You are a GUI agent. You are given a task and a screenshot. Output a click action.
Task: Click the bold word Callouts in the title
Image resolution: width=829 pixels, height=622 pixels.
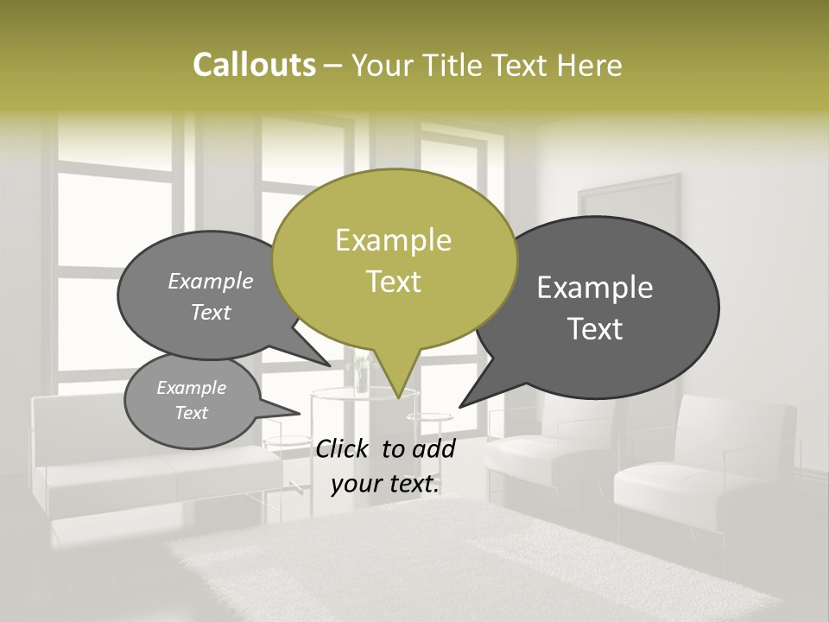click(x=254, y=66)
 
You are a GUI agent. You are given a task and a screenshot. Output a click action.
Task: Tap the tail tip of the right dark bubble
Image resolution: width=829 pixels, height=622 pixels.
click(x=461, y=405)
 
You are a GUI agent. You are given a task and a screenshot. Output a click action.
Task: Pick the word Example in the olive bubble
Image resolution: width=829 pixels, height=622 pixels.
click(x=393, y=240)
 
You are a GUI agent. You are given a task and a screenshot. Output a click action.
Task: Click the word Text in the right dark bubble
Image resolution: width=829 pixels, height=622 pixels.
click(x=596, y=329)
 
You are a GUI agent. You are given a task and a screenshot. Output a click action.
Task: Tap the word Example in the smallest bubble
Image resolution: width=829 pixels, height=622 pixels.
click(x=191, y=388)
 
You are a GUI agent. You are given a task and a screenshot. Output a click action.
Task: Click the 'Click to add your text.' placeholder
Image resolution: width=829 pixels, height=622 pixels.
click(x=385, y=466)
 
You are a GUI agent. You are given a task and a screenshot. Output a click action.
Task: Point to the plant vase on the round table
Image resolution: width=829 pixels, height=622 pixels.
click(x=360, y=378)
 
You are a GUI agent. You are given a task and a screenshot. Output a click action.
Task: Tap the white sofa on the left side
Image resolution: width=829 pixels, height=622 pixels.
click(x=155, y=466)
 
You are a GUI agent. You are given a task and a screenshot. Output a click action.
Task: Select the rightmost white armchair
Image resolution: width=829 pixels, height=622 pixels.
click(x=708, y=466)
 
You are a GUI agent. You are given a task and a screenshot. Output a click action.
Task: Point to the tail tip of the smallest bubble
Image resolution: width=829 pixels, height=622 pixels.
click(x=299, y=414)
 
